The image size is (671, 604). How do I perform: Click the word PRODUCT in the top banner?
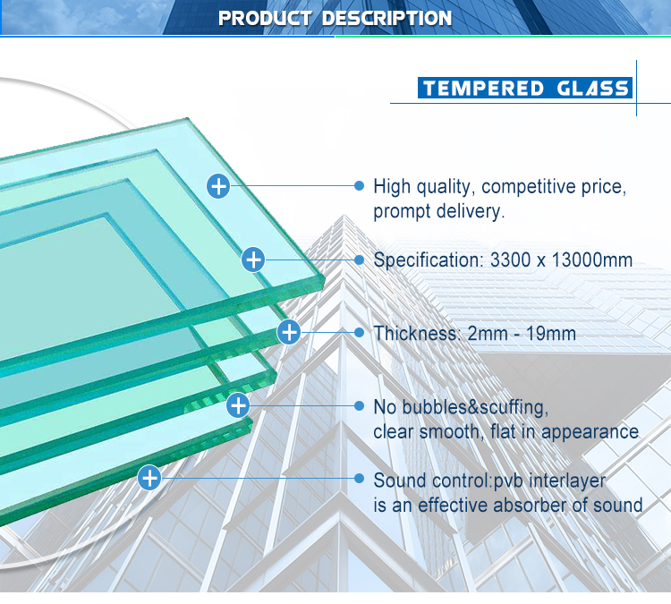(265, 19)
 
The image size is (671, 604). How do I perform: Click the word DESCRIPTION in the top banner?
(386, 19)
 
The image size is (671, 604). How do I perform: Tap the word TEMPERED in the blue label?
(483, 89)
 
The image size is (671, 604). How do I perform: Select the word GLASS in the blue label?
(592, 89)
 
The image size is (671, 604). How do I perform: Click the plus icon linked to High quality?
(218, 186)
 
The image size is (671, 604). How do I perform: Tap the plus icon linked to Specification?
(253, 259)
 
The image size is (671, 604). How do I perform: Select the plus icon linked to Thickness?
(289, 332)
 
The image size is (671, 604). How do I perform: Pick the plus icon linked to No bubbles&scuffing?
(238, 405)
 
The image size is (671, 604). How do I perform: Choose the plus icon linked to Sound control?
(149, 478)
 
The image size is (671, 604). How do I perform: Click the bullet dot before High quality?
(360, 186)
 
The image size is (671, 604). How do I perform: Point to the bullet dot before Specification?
(360, 259)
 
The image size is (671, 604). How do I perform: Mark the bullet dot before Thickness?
(360, 332)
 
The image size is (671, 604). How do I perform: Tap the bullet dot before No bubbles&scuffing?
(360, 405)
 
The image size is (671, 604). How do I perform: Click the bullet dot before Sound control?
(360, 478)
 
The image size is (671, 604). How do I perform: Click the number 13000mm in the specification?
(592, 259)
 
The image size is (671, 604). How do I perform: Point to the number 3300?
(508, 259)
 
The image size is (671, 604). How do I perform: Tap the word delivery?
(471, 211)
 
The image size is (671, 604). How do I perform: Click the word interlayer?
(567, 481)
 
